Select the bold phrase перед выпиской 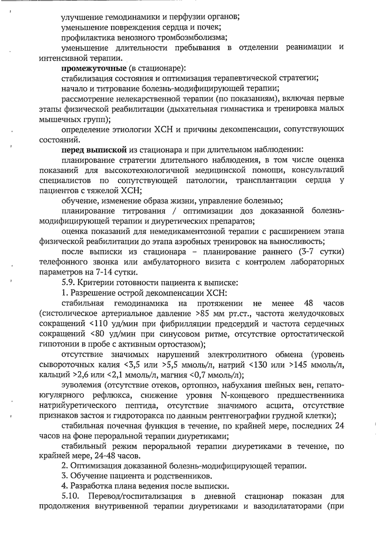tap(94, 150)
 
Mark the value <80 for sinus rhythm tap(96, 334)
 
